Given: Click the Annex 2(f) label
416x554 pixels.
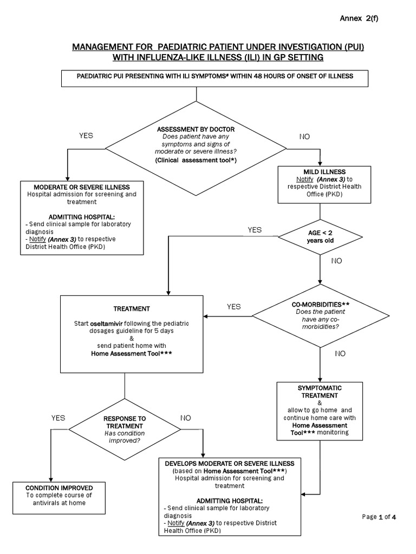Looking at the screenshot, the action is click(x=359, y=18).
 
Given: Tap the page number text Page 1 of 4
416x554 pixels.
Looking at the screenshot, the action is click(x=379, y=517).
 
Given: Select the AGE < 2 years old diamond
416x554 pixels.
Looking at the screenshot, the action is click(x=320, y=237).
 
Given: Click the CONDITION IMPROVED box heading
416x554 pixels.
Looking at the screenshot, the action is click(x=59, y=488).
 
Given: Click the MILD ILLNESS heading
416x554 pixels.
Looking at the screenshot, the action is click(x=324, y=172).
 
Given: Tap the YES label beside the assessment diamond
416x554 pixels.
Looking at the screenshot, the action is click(x=86, y=136).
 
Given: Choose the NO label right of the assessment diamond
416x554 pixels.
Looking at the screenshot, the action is click(x=304, y=137).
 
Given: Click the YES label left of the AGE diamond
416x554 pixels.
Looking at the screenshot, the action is click(x=255, y=230).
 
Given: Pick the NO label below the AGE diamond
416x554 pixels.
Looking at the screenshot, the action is click(x=336, y=261).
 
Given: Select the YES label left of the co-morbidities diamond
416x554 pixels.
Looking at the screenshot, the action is click(x=234, y=307).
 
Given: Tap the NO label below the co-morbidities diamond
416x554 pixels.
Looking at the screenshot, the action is click(x=340, y=354).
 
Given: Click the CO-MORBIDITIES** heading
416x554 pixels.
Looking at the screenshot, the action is click(x=321, y=305).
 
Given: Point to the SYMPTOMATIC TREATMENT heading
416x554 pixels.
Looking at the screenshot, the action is click(x=320, y=392).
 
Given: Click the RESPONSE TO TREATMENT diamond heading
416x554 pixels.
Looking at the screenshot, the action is click(x=125, y=422).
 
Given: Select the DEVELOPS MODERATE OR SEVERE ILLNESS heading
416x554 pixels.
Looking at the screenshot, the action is click(x=230, y=464).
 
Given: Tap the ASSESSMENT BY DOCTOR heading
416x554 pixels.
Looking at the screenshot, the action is click(x=196, y=129).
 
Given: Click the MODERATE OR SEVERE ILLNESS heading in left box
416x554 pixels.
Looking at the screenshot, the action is click(x=82, y=187).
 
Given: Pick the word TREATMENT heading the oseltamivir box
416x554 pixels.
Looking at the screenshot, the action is click(x=132, y=309).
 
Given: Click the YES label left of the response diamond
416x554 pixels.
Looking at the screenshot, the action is click(x=58, y=418).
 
